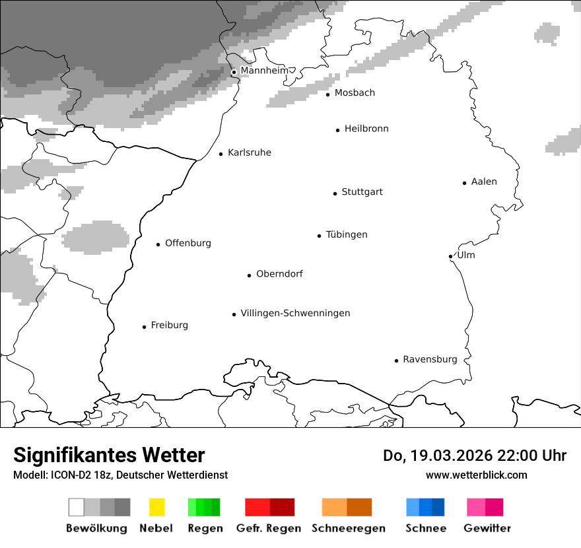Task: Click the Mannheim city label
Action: pos(264,71)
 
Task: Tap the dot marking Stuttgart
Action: pos(335,193)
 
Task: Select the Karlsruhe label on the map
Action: pos(249,153)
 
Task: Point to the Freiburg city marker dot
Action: pos(144,327)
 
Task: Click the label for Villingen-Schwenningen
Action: pos(295,313)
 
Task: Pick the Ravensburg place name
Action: pos(430,359)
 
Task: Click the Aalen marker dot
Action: pos(464,183)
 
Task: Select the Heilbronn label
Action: pos(366,129)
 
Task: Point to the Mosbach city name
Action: pos(355,93)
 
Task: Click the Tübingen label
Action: pos(347,234)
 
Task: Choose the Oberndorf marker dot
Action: pos(249,275)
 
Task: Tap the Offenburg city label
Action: pos(188,243)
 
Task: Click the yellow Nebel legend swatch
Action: pos(156,507)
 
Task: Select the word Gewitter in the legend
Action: pos(487,528)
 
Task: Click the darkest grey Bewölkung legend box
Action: pos(123,507)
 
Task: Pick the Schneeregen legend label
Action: pos(348,528)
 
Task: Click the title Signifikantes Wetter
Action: pos(109,455)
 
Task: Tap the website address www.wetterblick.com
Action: pos(476,475)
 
